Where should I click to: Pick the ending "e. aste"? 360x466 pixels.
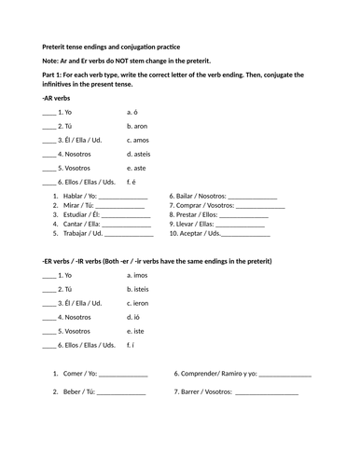138,167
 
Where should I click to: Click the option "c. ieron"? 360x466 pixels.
140,303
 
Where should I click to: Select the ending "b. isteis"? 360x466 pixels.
141,289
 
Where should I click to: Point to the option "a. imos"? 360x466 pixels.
139,275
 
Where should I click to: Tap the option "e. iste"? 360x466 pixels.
138,330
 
